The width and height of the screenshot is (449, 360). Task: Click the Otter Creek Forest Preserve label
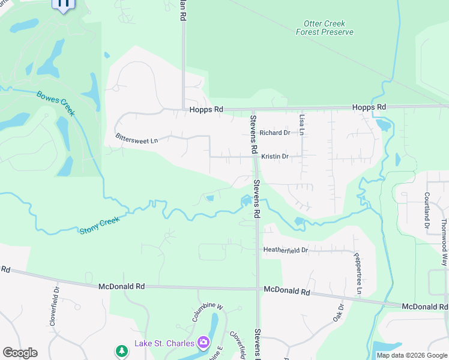tap(324, 28)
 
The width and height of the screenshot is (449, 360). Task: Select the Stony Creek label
tap(100, 224)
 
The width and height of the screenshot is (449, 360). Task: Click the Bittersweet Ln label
tap(137, 137)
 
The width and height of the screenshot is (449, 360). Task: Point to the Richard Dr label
tap(275, 133)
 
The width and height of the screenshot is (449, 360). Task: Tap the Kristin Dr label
tap(275, 157)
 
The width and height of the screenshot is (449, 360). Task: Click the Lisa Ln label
tap(302, 124)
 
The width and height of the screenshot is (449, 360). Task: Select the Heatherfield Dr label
tap(285, 250)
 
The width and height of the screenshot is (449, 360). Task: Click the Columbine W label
tap(208, 313)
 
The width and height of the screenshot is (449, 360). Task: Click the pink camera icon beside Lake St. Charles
tap(204, 343)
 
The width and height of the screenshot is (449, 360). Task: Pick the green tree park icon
tap(122, 350)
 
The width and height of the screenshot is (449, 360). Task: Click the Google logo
tap(20, 353)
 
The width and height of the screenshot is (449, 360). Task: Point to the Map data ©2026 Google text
tap(411, 355)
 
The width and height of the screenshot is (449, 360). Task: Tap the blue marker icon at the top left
tap(63, 4)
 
